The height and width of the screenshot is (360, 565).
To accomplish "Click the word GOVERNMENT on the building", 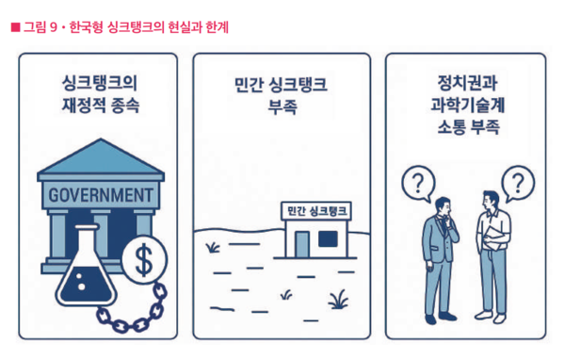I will (x=100, y=196).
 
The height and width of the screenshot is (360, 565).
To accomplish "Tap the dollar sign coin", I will (x=144, y=258).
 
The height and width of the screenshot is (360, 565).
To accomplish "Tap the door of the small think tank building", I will (x=302, y=242).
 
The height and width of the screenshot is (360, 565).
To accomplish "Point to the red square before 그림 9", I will (x=14, y=28).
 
